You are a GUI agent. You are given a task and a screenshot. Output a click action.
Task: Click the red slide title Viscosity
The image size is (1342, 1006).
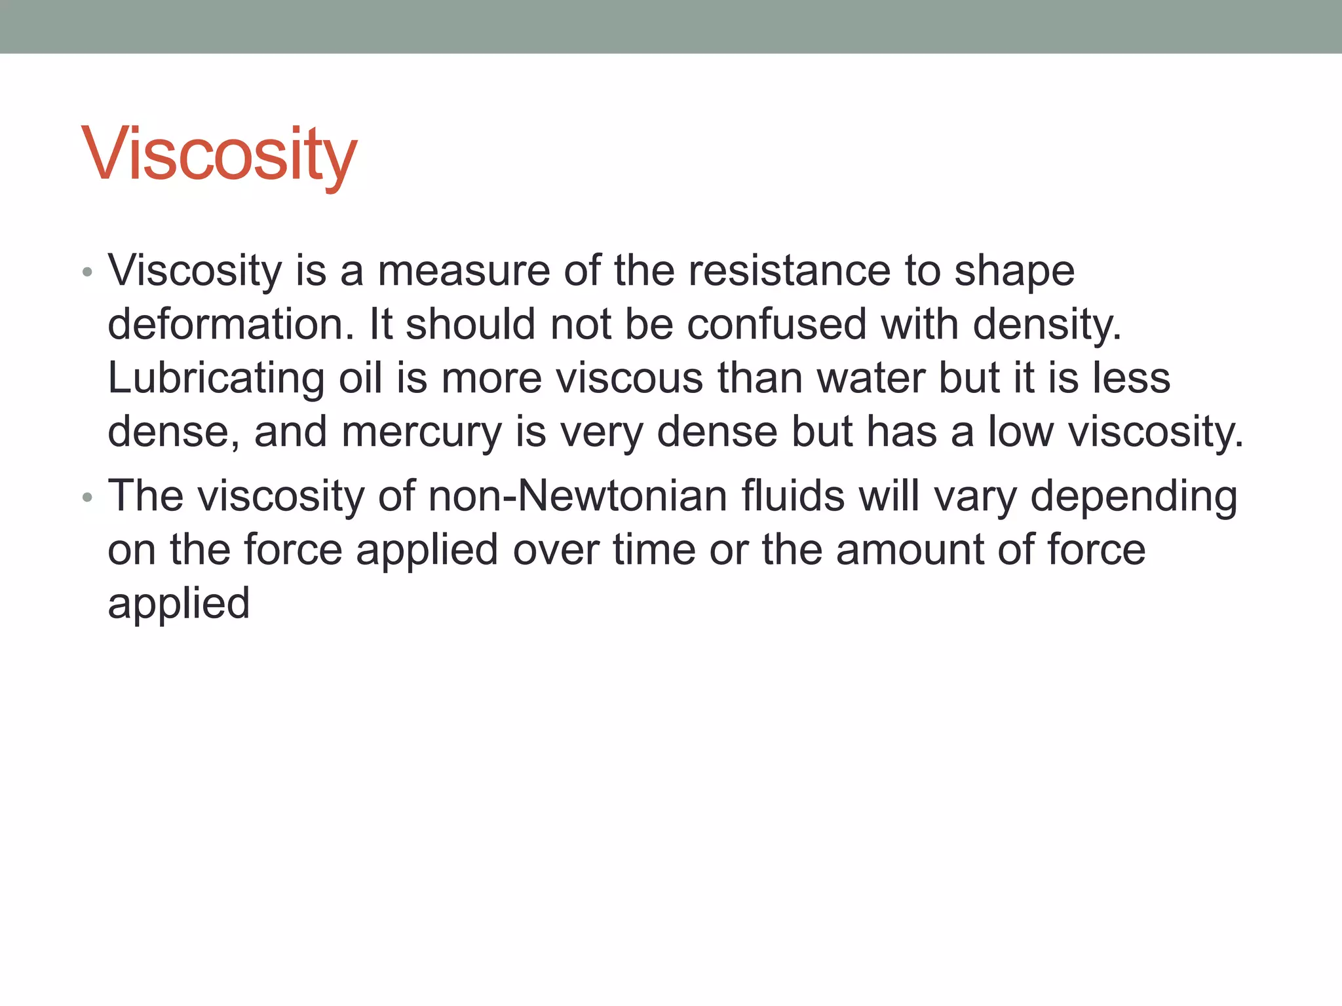[x=219, y=155]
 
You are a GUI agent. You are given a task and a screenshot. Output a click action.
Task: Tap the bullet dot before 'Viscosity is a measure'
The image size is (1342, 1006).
[x=88, y=271]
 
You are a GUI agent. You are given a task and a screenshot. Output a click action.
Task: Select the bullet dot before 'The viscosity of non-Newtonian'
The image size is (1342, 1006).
[x=88, y=498]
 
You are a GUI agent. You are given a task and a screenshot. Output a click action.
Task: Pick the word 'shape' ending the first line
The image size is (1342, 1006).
[x=1014, y=271]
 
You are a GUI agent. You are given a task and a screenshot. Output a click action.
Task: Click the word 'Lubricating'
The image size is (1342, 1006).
[x=216, y=379]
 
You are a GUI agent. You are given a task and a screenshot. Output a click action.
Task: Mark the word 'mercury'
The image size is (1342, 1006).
[x=421, y=432]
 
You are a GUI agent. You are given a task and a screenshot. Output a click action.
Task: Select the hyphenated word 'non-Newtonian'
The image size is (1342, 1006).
[x=577, y=496]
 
